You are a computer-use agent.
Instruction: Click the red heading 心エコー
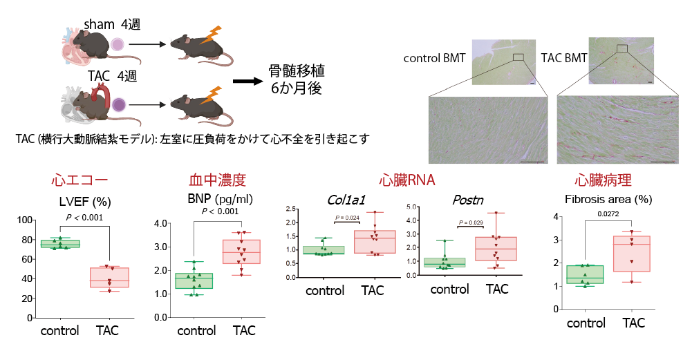click(80, 181)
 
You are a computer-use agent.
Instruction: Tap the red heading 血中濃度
click(217, 181)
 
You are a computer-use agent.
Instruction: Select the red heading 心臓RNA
click(406, 181)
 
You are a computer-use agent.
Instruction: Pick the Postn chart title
click(467, 200)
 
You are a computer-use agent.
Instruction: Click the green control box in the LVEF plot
click(60, 243)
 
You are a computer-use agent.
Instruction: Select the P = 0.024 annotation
click(348, 218)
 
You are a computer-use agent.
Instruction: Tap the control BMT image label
click(434, 58)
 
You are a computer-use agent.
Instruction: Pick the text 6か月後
click(297, 88)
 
